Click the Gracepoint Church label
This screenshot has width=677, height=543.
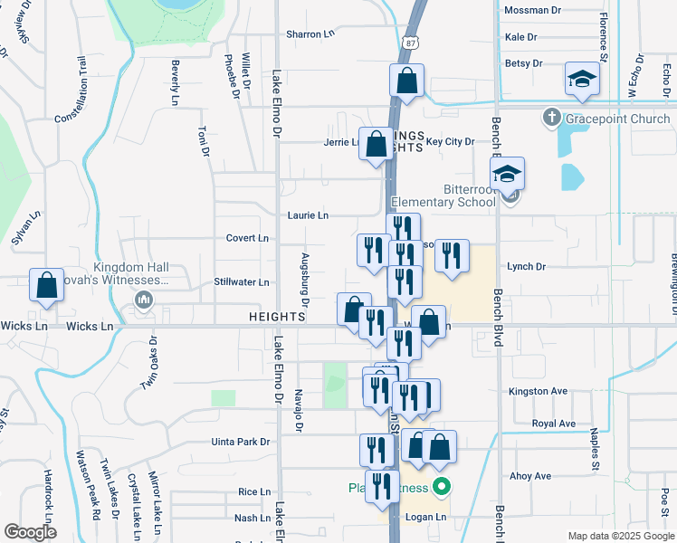[x=618, y=119]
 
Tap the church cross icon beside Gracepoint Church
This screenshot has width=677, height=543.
[x=551, y=118]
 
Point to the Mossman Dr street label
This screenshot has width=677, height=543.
[x=532, y=11]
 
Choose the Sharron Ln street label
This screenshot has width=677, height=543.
[x=310, y=34]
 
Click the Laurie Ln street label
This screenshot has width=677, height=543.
[x=308, y=215]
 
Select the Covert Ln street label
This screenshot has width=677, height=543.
[x=248, y=238]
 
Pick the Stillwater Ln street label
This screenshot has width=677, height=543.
[x=243, y=282]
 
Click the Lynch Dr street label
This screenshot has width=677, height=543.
[x=527, y=267]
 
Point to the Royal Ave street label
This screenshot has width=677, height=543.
[x=553, y=424]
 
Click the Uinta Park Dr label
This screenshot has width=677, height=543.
[x=240, y=442]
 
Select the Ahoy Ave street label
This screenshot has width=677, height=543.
[x=530, y=476]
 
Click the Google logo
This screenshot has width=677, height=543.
[x=30, y=531]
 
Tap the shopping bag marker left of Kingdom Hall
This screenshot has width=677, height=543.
[x=47, y=285]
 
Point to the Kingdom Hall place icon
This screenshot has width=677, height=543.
[x=142, y=300]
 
